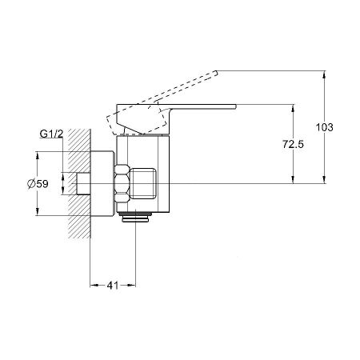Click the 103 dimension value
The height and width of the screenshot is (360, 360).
click(x=325, y=127)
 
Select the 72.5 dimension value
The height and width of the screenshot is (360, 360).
click(x=293, y=145)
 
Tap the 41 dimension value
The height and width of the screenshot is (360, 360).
click(x=113, y=286)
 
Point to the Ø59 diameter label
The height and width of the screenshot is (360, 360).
click(x=38, y=184)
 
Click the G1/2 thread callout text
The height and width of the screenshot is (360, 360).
click(x=51, y=134)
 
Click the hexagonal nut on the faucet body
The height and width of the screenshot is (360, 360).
click(x=122, y=184)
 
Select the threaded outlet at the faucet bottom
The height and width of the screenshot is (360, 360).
click(x=135, y=217)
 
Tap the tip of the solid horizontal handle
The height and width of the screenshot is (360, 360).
click(x=236, y=106)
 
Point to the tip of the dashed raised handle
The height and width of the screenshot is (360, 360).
click(x=217, y=73)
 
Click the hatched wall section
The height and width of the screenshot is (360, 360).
click(x=79, y=184)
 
